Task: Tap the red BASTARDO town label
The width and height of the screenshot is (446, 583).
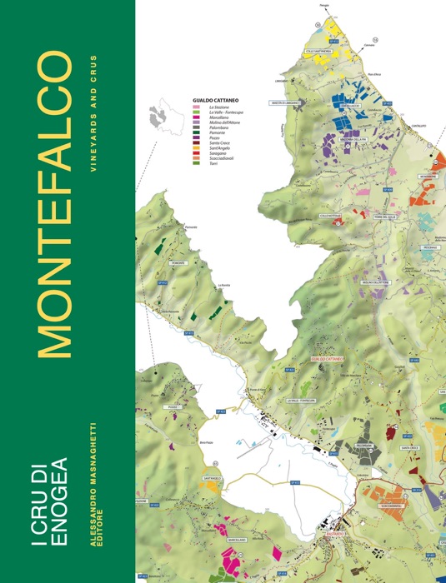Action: pyautogui.click(x=335, y=531)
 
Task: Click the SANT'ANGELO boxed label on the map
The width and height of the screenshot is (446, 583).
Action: pyautogui.click(x=212, y=479)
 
